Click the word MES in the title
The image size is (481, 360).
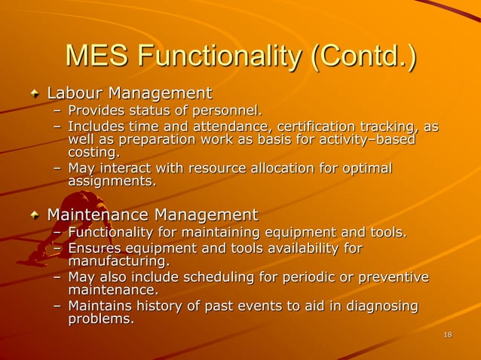pyautogui.click(x=97, y=56)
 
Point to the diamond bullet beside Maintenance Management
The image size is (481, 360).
pyautogui.click(x=34, y=216)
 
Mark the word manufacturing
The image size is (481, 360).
pyautogui.click(x=118, y=261)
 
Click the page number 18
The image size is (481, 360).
pyautogui.click(x=448, y=334)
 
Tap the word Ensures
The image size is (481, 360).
pyautogui.click(x=94, y=248)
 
